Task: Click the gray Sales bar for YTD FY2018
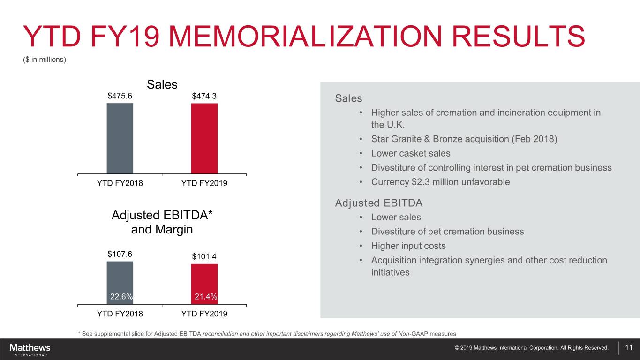[120, 138]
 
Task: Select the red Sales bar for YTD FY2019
[204, 138]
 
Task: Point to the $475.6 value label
[120, 96]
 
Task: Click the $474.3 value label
[204, 96]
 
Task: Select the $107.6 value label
[120, 255]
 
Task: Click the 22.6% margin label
[121, 296]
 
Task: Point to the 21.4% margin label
[205, 296]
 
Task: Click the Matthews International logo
[30, 349]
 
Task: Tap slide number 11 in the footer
[629, 348]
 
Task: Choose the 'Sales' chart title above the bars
[162, 84]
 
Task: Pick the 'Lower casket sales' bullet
[411, 153]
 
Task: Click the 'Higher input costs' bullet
[408, 246]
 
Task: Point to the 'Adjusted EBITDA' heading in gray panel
[379, 203]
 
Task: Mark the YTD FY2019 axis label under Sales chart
[204, 183]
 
